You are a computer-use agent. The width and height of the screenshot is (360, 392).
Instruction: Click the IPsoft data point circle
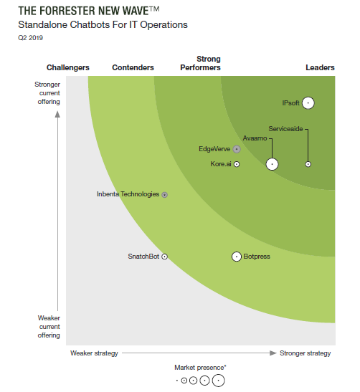[x=308, y=102]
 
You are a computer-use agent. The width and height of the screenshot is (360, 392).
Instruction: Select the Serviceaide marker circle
[x=308, y=164]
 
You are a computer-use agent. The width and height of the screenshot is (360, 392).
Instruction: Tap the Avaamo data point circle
[x=272, y=164]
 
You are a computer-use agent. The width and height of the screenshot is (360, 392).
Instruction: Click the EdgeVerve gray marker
[x=237, y=149]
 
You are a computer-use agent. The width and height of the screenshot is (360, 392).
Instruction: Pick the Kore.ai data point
[x=237, y=164]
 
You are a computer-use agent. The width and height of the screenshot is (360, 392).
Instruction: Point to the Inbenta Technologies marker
[x=165, y=194]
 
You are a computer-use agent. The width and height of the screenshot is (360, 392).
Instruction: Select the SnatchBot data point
[x=164, y=256]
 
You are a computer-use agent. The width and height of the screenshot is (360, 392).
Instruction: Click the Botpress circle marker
[x=237, y=257]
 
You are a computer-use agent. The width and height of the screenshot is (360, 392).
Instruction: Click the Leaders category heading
[x=320, y=68]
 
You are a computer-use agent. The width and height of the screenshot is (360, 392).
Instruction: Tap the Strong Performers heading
[x=208, y=63]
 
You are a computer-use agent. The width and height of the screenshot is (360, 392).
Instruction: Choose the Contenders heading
[x=133, y=68]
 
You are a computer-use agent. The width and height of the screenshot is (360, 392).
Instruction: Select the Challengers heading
[x=68, y=68]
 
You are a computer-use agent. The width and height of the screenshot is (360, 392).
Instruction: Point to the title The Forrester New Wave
[x=89, y=10]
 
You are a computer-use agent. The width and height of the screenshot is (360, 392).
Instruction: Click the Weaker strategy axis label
[x=94, y=353]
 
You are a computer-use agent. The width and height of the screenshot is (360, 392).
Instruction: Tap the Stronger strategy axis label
[x=305, y=353]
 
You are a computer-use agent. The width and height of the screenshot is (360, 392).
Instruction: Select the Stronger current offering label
[x=47, y=93]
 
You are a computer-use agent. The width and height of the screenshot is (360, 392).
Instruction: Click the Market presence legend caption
[x=200, y=368]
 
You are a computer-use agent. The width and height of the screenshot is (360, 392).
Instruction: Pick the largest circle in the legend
[x=219, y=381]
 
